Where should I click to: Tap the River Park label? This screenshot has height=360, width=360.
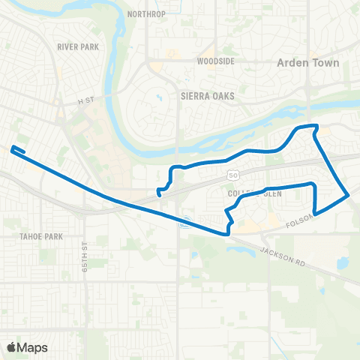click(x=78, y=46)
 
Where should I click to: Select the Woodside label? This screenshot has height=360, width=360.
click(x=216, y=61)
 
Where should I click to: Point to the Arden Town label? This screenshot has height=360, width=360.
click(x=308, y=63)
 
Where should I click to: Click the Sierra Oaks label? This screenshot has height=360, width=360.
click(x=208, y=96)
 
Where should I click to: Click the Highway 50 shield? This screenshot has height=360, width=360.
click(x=227, y=174)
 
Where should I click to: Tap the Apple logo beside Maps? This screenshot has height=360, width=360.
click(x=12, y=347)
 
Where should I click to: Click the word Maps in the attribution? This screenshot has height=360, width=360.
click(x=33, y=347)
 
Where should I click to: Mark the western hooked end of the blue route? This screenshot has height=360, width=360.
click(x=13, y=148)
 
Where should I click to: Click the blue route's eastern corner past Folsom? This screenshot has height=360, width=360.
click(x=349, y=196)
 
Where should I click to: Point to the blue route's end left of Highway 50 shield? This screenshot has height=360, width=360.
click(x=160, y=194)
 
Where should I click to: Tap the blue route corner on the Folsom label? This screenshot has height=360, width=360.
click(x=314, y=214)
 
